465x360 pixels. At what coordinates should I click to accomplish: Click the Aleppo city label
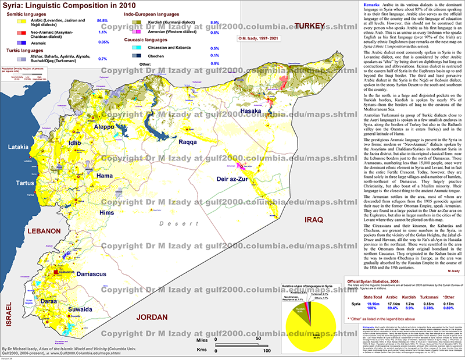tap(99, 127)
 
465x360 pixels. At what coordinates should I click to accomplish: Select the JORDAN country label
tap(155, 316)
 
